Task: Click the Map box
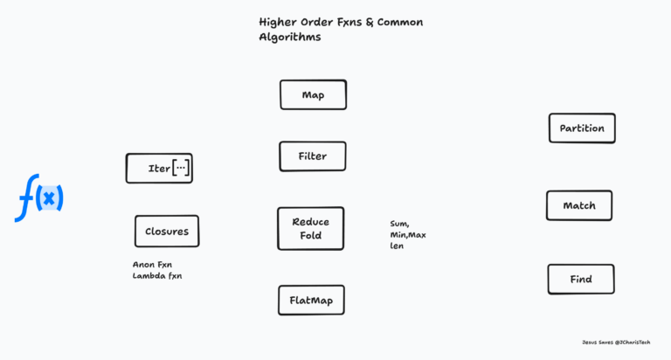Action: pos(313,94)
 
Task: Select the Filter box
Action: pos(313,156)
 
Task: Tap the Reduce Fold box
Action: pos(310,229)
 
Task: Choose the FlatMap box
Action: pos(311,301)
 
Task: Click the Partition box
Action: pos(582,128)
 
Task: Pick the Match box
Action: pos(579,205)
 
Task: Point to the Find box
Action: pos(581,280)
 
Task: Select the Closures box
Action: pos(166,232)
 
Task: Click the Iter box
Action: pos(159,168)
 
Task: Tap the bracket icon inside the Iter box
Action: pos(181,168)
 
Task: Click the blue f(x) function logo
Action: pos(39,198)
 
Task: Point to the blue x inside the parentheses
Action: pos(50,199)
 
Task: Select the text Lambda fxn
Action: pos(157,276)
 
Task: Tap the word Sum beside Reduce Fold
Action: pos(399,224)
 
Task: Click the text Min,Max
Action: pos(408,235)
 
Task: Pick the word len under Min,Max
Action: pos(397,246)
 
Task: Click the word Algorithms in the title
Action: pos(290,37)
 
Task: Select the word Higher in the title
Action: pos(280,21)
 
